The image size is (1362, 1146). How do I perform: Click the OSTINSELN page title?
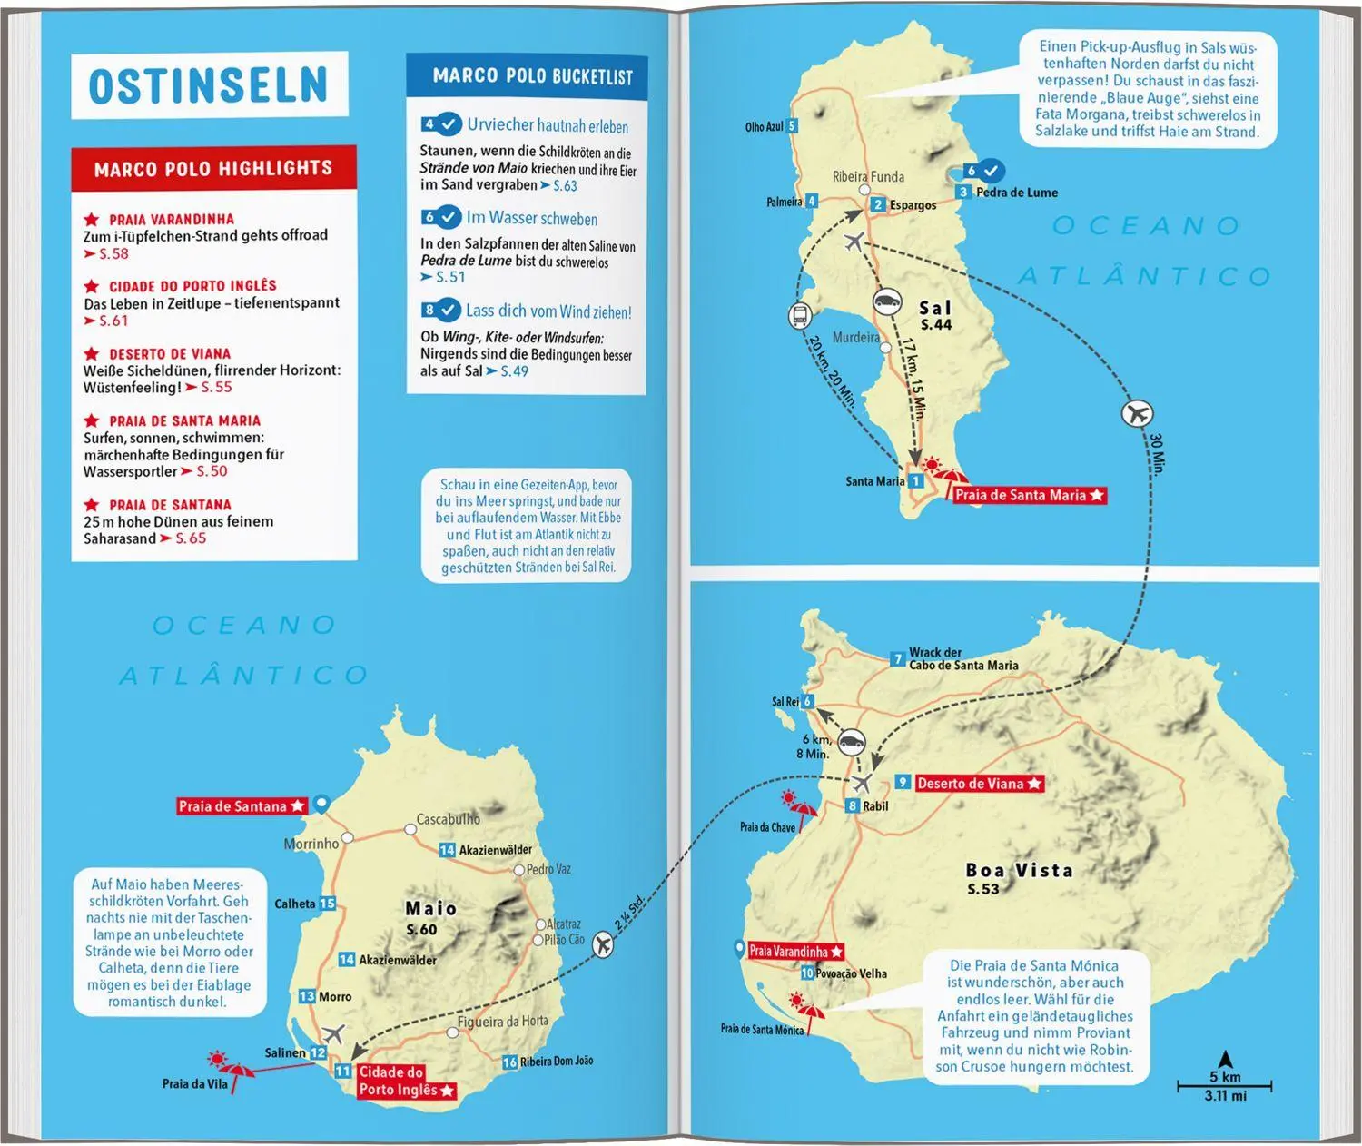[208, 85]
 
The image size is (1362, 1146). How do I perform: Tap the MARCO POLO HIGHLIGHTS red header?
[213, 168]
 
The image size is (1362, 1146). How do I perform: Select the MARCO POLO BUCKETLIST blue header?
[532, 76]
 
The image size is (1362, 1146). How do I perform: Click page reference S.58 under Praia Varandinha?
[113, 254]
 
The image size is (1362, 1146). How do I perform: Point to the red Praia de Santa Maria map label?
[1028, 495]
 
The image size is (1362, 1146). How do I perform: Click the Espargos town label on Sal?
[913, 205]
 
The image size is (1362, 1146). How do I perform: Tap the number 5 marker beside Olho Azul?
[792, 126]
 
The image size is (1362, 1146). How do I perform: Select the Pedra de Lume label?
[1016, 193]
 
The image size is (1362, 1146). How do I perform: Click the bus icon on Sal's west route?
[800, 317]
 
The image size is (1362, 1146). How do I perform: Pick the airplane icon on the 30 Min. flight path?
[1137, 414]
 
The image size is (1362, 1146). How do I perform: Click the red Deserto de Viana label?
[979, 783]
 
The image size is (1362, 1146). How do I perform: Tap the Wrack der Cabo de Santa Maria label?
[962, 658]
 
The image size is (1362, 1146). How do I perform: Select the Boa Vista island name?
[1019, 871]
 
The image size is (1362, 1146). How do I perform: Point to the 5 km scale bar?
[1225, 1085]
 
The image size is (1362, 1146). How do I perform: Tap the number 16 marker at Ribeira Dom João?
[509, 1062]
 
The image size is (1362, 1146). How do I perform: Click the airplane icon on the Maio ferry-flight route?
[602, 945]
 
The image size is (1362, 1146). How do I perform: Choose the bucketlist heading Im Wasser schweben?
[531, 218]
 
